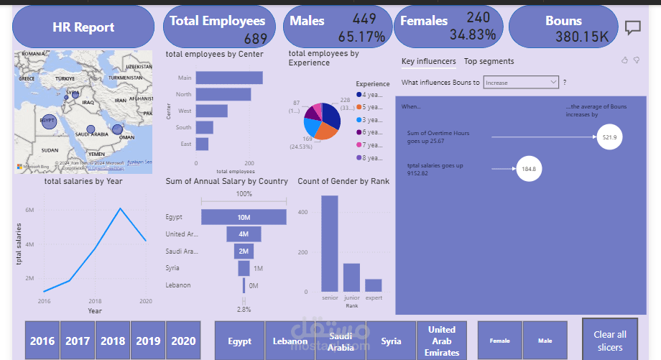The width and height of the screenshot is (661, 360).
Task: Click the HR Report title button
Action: pos(83,27)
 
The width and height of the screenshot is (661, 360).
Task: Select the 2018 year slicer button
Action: pos(113,341)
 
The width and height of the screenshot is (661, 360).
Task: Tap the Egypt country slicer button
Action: pos(239,341)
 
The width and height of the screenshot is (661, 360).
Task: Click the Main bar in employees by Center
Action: pos(229,78)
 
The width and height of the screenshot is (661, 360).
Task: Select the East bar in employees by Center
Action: pos(202,144)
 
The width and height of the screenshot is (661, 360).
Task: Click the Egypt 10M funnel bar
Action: pos(244,217)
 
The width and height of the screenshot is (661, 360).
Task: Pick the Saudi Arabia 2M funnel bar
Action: pos(244,251)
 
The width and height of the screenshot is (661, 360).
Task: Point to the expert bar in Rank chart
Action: pos(373,286)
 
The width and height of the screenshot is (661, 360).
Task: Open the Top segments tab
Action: pos(489,62)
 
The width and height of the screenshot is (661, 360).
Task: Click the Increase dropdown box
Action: pos(521,83)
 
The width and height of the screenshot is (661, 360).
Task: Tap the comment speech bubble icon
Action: pos(632,27)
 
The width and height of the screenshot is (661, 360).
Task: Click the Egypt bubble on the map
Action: pos(48,121)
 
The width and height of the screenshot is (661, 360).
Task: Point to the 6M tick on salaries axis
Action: pos(29,210)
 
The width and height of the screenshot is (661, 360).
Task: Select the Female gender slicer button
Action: pos(500,341)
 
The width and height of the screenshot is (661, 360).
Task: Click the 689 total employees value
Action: pos(255,38)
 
